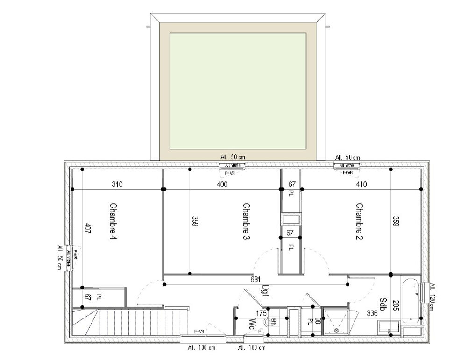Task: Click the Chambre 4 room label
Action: tap(113, 221)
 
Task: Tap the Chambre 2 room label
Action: tap(359, 221)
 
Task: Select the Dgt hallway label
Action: tap(266, 291)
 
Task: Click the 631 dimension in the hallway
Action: tap(255, 280)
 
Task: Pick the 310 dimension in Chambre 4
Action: tap(117, 184)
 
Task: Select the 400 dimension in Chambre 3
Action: tap(222, 184)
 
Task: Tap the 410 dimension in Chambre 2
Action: tap(361, 184)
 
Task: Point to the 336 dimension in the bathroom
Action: tap(372, 313)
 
